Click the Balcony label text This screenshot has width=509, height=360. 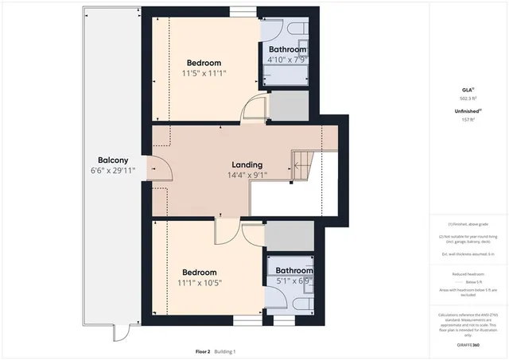click(108, 158)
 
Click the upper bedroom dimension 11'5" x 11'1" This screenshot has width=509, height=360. click(204, 74)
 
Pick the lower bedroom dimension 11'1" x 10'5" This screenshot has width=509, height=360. click(200, 281)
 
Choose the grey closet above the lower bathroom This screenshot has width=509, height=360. click(289, 236)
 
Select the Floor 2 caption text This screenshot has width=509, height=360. click(204, 350)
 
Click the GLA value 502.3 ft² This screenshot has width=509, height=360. click(468, 99)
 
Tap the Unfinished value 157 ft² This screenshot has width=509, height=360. click(468, 119)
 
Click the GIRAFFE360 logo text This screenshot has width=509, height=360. click(468, 345)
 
